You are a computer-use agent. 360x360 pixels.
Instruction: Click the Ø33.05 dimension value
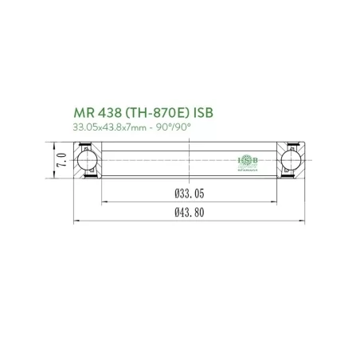click(x=187, y=193)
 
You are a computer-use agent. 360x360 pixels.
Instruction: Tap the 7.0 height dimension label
click(x=59, y=159)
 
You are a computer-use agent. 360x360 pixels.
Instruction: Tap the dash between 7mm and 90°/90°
click(x=159, y=128)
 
